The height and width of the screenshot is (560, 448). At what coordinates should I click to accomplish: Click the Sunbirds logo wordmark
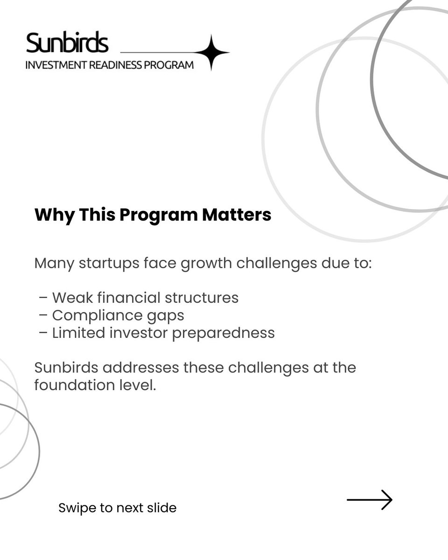[x=67, y=43]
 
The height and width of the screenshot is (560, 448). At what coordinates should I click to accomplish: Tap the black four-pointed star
[x=211, y=52]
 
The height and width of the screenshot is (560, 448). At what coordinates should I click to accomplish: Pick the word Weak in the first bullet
[x=69, y=298]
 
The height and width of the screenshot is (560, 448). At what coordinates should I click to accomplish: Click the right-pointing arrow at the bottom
[x=369, y=500]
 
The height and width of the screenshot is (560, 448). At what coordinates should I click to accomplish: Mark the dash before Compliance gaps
[x=43, y=315]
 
